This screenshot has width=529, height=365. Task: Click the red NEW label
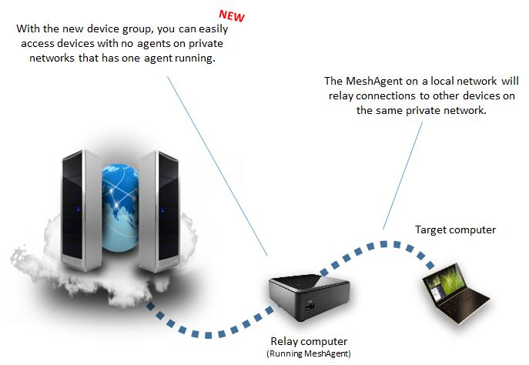click(x=233, y=15)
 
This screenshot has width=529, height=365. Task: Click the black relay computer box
click(x=310, y=296)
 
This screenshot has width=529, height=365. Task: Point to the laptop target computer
click(x=455, y=296)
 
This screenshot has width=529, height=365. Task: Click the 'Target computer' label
click(x=455, y=229)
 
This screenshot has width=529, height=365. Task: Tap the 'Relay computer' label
click(x=309, y=340)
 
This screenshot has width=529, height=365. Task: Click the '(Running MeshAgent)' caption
click(x=309, y=353)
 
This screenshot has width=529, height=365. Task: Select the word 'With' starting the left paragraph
click(x=28, y=29)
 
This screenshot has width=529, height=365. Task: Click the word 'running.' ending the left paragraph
click(x=190, y=59)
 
